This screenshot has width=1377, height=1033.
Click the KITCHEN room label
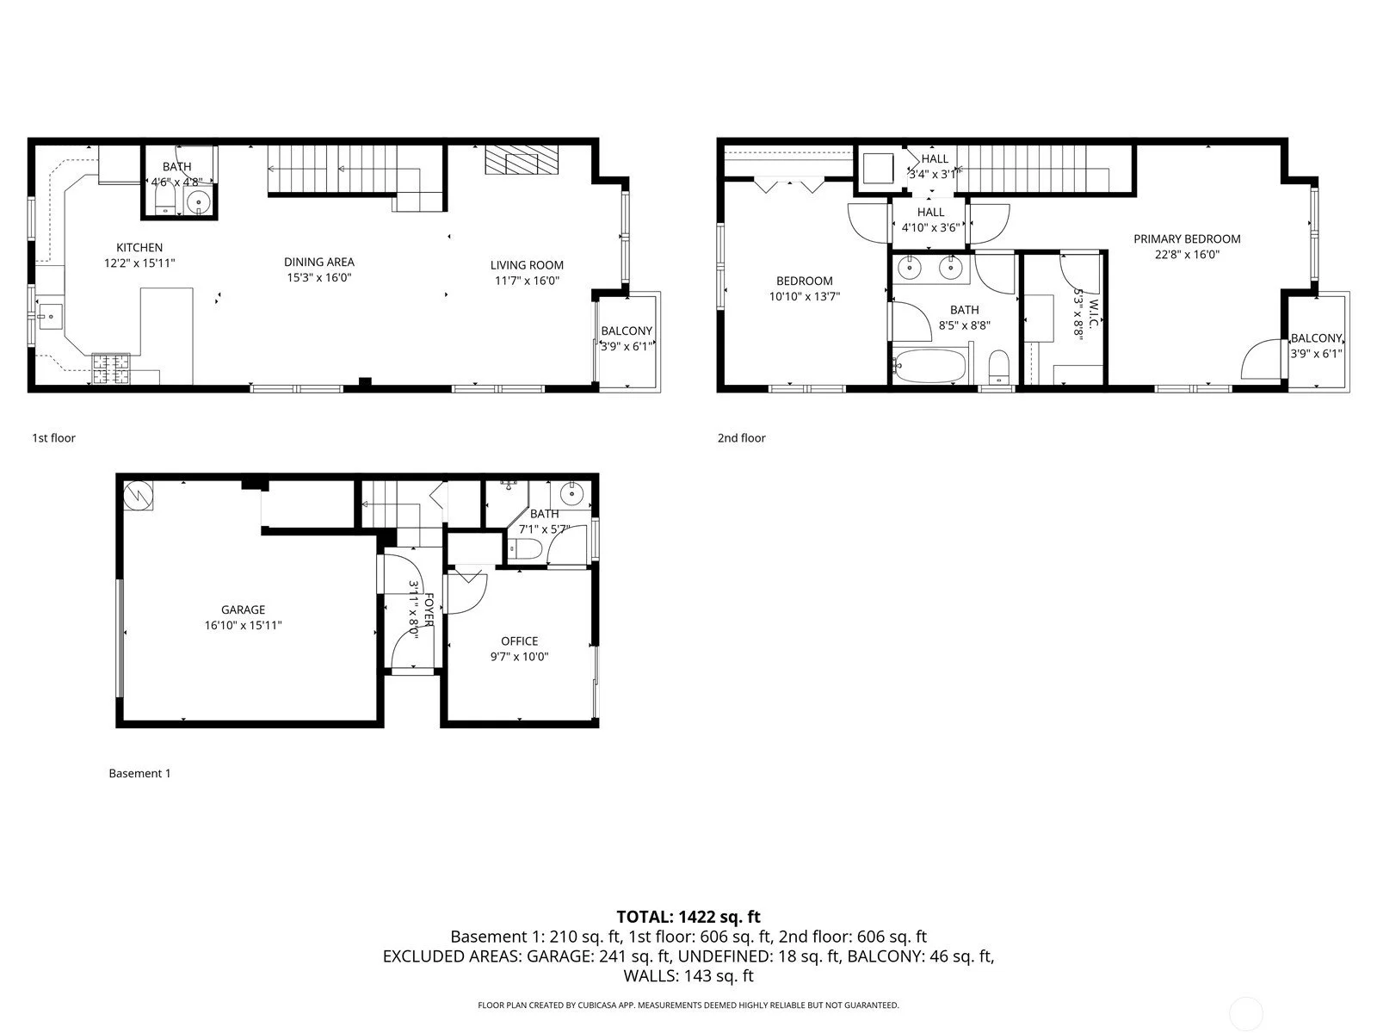(x=139, y=248)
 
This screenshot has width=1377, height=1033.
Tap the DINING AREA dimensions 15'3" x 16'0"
(x=319, y=277)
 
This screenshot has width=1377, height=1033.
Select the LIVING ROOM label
(x=527, y=265)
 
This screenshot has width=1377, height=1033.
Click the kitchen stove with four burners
(x=111, y=369)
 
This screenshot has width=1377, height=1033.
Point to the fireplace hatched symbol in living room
(x=522, y=160)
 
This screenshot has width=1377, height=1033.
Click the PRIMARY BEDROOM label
(x=1187, y=239)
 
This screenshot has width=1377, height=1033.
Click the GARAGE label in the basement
(x=243, y=609)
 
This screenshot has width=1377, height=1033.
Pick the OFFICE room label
(x=519, y=640)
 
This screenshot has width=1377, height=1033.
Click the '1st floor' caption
(x=53, y=438)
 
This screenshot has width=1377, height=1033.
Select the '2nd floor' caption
(x=741, y=438)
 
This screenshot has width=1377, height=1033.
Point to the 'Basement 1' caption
(x=139, y=773)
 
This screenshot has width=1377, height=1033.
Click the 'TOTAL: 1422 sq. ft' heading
(x=688, y=917)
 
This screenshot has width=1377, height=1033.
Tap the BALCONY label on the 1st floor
(x=627, y=331)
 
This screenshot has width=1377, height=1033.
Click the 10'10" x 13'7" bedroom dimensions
(x=804, y=296)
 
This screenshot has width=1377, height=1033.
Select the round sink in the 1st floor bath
(x=200, y=204)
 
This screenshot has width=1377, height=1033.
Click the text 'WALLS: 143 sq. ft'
(x=688, y=975)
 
